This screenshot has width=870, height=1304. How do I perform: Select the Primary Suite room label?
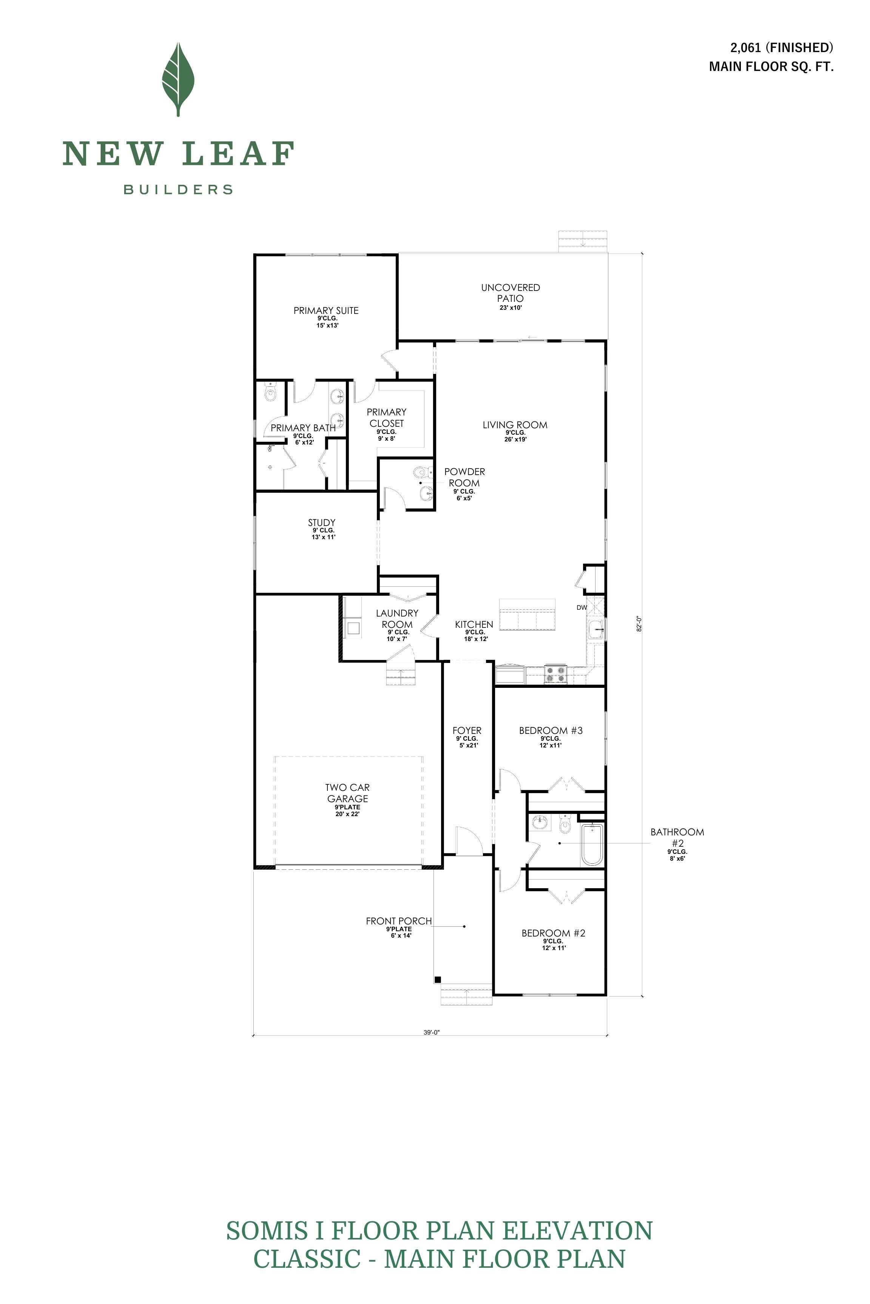click(x=326, y=311)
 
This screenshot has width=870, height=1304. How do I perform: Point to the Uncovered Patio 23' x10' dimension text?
click(x=511, y=308)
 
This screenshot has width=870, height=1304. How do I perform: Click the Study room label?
click(x=322, y=522)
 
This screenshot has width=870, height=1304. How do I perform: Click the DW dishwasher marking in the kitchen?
click(x=582, y=607)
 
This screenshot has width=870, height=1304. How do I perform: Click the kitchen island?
click(x=527, y=614)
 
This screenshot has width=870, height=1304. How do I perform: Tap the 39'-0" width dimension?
click(x=431, y=1032)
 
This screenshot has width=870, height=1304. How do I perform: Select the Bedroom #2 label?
click(x=553, y=933)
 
